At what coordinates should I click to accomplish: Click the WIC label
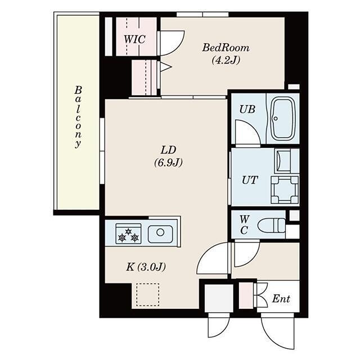[x=134, y=39]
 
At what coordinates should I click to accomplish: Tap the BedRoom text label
[x=226, y=48]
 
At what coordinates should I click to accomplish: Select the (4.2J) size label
[x=226, y=60]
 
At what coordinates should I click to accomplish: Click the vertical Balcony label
[x=78, y=117]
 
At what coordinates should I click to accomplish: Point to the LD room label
[x=169, y=150]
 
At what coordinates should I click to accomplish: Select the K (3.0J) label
[x=145, y=267]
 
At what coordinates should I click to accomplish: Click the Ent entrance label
[x=281, y=299]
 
